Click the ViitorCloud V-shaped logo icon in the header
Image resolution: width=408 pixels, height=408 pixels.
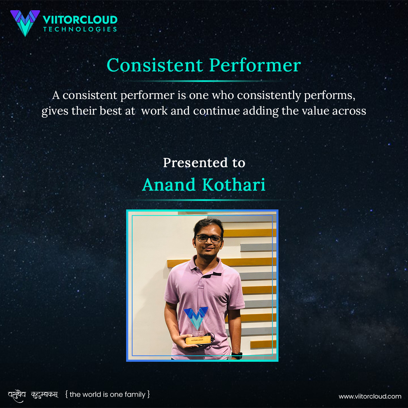coord(25,22)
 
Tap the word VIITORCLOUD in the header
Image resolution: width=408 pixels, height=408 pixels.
coord(80,20)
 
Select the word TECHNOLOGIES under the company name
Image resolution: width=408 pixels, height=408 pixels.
coord(80,29)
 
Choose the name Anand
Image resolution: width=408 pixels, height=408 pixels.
coord(169,185)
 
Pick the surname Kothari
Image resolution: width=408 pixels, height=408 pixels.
coord(234,185)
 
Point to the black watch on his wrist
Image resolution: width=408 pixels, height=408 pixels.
coord(237,355)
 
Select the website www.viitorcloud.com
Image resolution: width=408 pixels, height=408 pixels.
coord(370,396)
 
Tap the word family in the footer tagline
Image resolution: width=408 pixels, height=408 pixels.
coord(135,395)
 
